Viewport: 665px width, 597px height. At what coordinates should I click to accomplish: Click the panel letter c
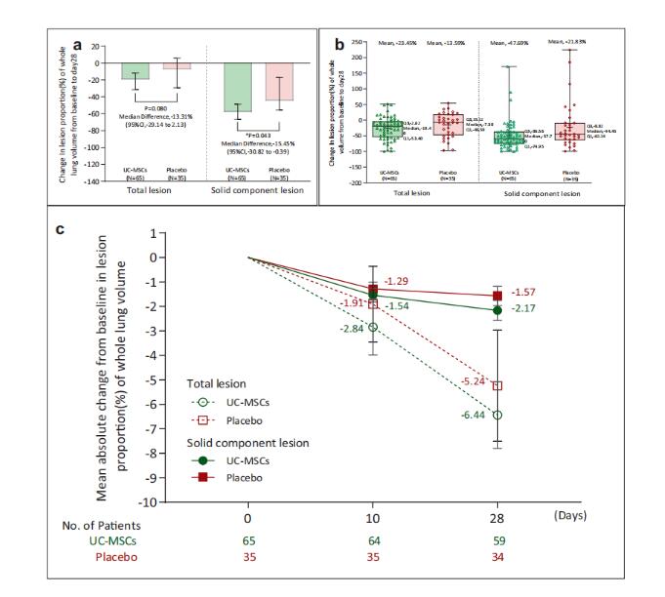point(61,230)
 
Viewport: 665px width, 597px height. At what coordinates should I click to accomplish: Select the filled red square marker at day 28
point(498,296)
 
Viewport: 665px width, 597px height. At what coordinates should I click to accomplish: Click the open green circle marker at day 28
point(498,415)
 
